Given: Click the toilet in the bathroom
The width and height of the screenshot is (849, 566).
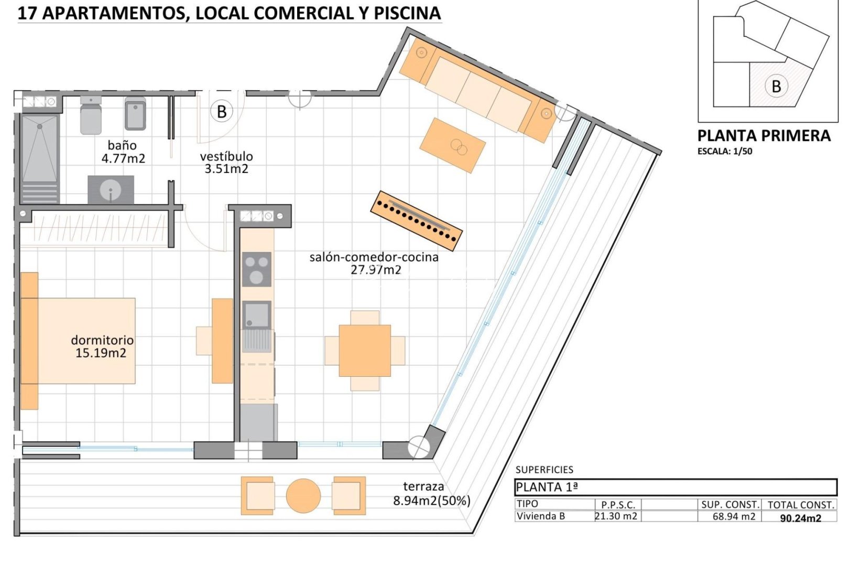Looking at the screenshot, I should [91, 116].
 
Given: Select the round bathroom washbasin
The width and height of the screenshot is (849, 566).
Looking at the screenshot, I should [111, 190].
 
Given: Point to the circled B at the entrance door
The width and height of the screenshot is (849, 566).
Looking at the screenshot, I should [222, 112].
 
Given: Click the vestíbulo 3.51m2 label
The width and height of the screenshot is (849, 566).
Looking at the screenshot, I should [226, 162].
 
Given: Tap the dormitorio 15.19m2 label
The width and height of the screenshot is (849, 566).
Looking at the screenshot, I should [102, 346].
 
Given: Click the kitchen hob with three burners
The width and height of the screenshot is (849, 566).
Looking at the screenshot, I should [256, 269].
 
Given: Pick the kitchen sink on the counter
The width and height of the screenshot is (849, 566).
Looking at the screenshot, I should [256, 315].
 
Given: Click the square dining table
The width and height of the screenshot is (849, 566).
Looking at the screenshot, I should [365, 351].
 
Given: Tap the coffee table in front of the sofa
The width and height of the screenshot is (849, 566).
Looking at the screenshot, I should [453, 145].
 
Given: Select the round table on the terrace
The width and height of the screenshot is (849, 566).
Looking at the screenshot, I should [303, 496].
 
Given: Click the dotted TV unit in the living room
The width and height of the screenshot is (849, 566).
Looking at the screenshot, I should [417, 220].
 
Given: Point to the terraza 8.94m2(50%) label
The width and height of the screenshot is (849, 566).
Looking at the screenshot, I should [431, 494].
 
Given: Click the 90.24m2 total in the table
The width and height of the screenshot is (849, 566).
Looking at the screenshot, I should [800, 518].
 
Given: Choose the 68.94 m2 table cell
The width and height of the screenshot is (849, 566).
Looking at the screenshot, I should [734, 517].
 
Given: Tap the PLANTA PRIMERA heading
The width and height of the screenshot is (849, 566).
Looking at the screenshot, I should [764, 136].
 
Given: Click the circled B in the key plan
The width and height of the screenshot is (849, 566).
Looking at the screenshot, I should [776, 86].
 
